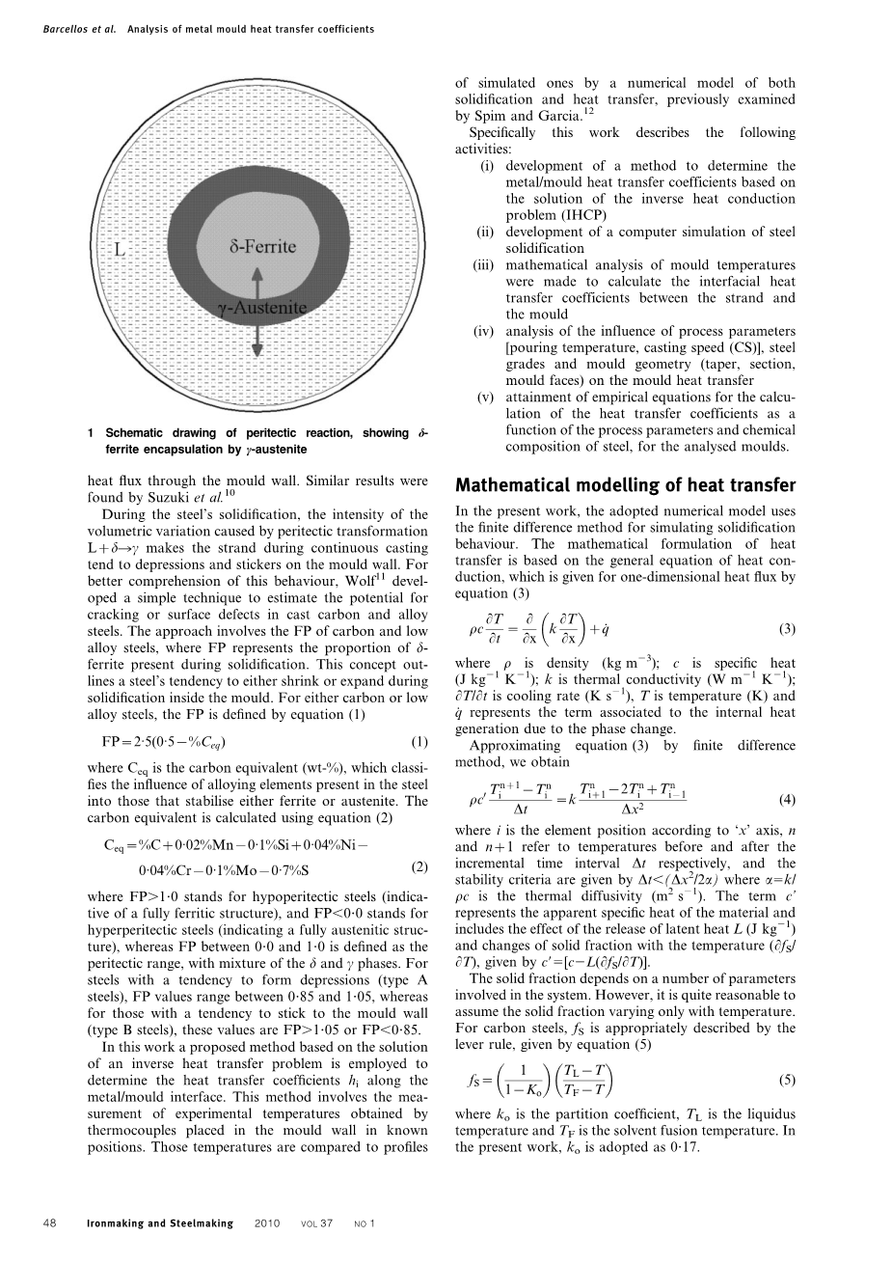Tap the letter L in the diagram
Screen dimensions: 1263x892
tap(121, 250)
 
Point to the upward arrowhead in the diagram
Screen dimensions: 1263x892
tap(257, 274)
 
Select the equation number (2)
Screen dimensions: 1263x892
tap(419, 865)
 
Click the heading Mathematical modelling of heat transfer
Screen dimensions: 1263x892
tap(625, 485)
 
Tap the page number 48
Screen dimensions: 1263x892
tap(51, 1223)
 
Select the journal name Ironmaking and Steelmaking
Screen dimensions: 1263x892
tap(160, 1223)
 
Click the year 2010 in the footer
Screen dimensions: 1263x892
tap(267, 1223)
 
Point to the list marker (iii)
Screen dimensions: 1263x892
tap(484, 264)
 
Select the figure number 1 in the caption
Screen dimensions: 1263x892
tap(89, 433)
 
